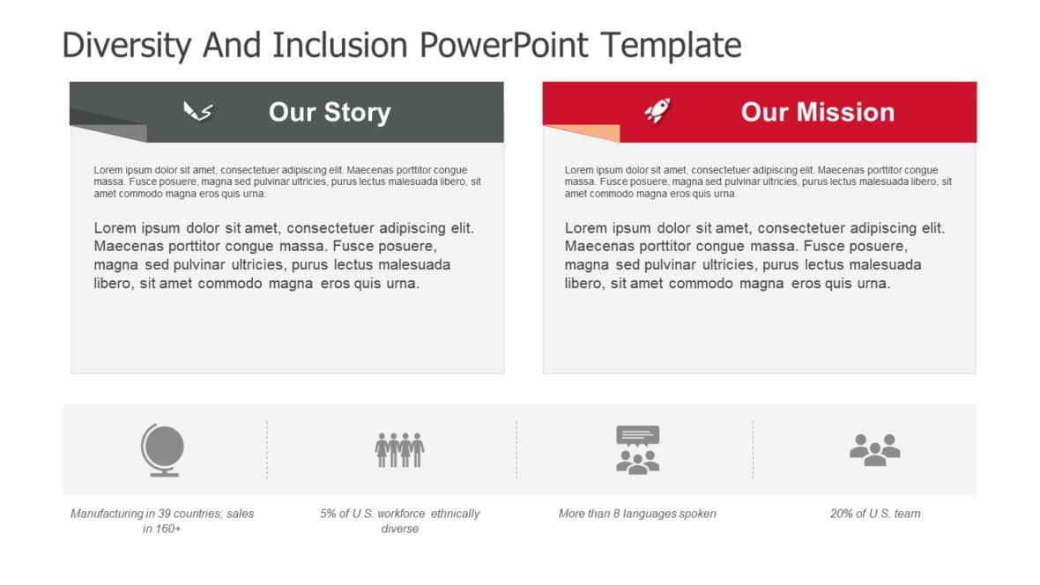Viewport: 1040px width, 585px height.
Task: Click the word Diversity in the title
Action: click(124, 44)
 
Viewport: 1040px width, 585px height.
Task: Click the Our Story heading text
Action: click(329, 112)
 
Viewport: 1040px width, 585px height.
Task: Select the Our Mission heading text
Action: click(817, 112)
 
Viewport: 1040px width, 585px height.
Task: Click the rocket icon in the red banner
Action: click(656, 111)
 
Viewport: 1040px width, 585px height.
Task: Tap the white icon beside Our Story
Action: click(197, 111)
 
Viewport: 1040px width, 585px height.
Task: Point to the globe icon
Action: click(162, 450)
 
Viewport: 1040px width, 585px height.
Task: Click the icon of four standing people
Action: click(399, 449)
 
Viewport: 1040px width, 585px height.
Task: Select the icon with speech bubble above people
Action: click(637, 450)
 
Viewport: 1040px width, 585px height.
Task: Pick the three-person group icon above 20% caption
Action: click(874, 449)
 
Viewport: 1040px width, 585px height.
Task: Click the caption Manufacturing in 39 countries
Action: click(162, 514)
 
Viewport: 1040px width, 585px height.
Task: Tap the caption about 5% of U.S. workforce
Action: click(399, 521)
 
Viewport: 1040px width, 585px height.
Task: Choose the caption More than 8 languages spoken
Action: click(637, 514)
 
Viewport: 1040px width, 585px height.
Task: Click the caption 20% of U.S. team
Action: click(874, 514)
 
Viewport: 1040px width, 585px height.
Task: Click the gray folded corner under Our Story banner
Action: click(115, 133)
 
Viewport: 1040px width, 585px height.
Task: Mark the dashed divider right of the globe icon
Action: click(267, 449)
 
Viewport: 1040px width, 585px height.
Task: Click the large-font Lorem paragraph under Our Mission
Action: click(754, 255)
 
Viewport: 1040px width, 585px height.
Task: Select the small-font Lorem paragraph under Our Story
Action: click(287, 181)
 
